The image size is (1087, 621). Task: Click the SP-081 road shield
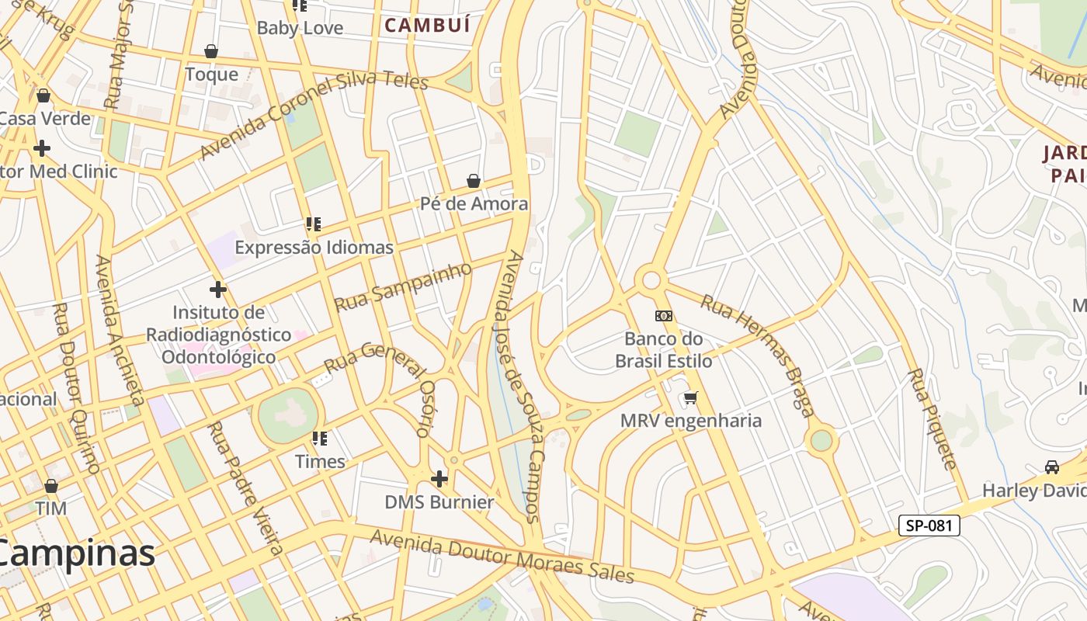tap(929, 526)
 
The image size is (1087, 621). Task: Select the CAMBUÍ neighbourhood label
tap(428, 25)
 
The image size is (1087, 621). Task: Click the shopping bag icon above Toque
tap(210, 51)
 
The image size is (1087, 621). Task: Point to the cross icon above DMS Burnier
tap(439, 478)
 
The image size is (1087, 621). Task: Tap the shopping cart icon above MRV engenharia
tap(690, 397)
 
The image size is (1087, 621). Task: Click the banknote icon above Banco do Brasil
tap(664, 315)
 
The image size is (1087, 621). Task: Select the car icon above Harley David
tap(1052, 467)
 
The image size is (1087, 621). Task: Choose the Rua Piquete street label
tap(932, 419)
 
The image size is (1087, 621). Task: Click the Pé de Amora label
tap(474, 204)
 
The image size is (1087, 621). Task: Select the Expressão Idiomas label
tap(314, 248)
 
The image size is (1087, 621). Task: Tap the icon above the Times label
tap(320, 439)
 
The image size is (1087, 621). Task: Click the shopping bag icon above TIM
tap(50, 486)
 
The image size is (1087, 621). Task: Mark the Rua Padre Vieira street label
tap(246, 488)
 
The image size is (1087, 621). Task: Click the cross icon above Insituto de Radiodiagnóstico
tap(218, 290)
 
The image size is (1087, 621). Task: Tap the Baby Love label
tap(300, 28)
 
